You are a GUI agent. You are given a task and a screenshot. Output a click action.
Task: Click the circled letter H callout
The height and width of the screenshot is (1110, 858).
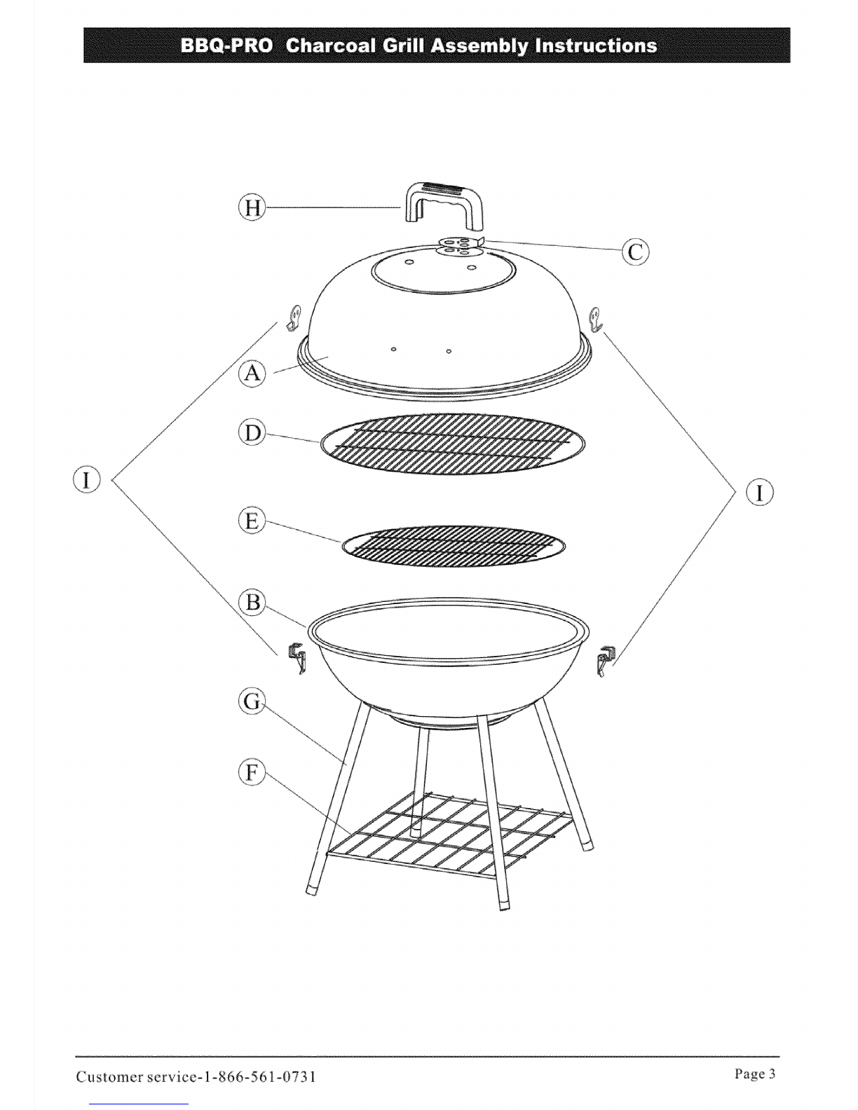252,208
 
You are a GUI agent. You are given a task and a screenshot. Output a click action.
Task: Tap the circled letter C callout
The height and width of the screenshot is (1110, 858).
635,252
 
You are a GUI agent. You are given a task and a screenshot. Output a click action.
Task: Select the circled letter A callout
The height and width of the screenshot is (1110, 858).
252,374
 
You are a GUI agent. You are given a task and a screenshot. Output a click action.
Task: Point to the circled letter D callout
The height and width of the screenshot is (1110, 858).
252,432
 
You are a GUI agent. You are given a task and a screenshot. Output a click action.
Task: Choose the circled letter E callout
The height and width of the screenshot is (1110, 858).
252,521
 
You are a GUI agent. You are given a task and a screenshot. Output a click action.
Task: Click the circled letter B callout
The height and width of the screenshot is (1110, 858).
252,602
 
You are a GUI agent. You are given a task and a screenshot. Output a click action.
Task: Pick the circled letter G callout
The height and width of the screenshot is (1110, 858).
252,701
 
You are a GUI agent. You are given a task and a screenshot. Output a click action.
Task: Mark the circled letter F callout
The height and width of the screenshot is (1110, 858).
252,772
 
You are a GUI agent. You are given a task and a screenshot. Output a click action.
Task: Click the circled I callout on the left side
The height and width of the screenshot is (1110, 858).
87,479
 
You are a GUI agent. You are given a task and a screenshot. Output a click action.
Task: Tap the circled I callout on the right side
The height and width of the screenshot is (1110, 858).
759,493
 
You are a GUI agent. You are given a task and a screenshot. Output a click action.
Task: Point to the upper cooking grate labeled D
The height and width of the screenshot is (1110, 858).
453,444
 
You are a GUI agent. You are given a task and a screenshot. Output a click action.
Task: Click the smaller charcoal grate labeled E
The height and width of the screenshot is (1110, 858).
454,546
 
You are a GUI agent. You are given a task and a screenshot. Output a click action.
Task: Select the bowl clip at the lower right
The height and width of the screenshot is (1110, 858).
606,661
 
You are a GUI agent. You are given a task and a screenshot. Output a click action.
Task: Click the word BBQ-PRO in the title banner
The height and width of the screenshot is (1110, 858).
226,46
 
